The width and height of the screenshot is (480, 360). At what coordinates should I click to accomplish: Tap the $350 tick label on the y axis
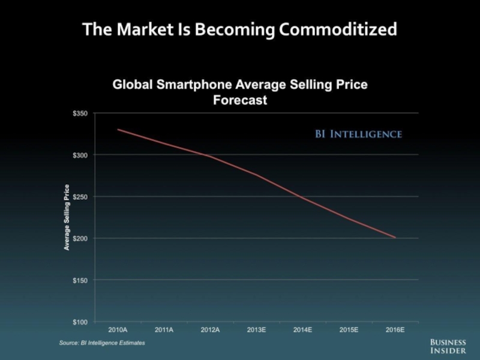[80, 113]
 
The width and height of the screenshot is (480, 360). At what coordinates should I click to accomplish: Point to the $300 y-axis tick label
[80, 155]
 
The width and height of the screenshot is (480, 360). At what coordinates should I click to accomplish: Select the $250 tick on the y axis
[80, 197]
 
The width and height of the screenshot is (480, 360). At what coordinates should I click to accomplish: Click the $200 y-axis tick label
[80, 239]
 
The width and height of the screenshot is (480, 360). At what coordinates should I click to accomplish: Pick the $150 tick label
[80, 281]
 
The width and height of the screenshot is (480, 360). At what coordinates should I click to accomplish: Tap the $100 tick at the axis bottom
[80, 322]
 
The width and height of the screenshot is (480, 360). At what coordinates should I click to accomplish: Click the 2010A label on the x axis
[117, 330]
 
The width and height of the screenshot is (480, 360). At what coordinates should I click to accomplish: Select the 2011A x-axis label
[164, 330]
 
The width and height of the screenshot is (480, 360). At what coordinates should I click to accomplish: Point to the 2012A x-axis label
[210, 330]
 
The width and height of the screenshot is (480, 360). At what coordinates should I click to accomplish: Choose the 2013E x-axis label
[256, 330]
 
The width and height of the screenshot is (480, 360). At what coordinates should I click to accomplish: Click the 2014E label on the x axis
[302, 330]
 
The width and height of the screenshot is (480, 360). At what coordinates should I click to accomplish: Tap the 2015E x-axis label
[349, 330]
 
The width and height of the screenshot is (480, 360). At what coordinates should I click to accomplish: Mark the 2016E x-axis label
[395, 330]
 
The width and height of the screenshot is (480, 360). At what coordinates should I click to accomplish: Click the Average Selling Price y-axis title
[67, 217]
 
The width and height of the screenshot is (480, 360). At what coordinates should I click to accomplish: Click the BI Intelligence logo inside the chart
[358, 134]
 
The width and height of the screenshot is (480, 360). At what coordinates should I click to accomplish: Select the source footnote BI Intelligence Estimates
[102, 343]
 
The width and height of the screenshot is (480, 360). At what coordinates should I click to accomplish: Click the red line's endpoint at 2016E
[395, 238]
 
